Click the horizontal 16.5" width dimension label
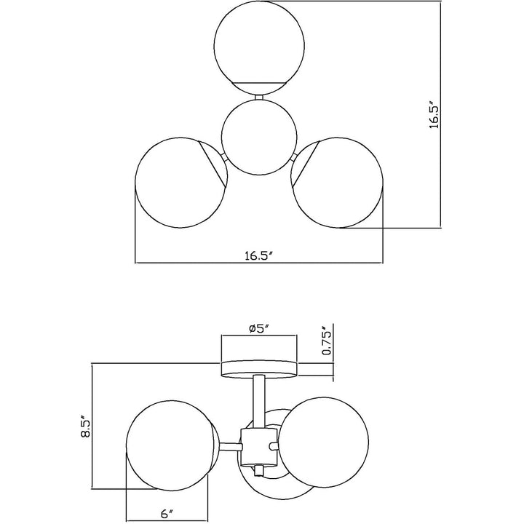coord(259,256)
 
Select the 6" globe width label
coord(167,514)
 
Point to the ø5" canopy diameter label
coord(259,328)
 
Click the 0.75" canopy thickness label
coord(327,340)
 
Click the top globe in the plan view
coord(259,48)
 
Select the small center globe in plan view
coord(259,138)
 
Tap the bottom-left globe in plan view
coord(181,183)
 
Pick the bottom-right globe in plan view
coord(337,183)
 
